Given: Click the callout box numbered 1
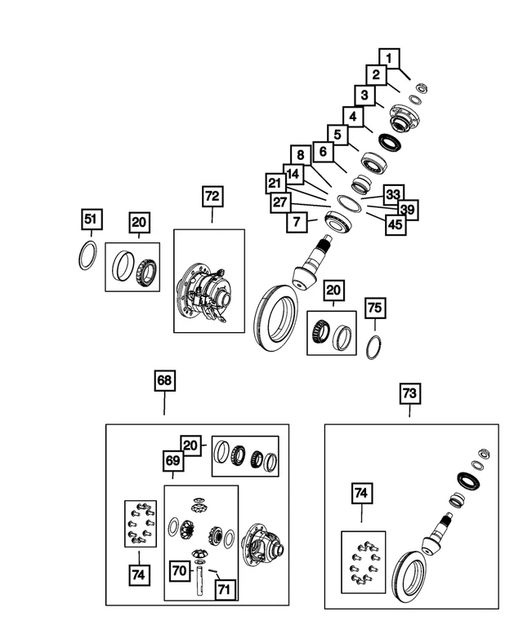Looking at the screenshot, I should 390,58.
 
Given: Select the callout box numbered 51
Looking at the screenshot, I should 91,219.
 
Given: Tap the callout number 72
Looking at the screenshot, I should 212,197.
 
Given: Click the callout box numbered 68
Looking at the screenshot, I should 164,381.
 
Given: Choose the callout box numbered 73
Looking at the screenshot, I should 409,394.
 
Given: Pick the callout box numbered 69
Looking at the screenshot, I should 172,460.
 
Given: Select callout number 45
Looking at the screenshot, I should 396,224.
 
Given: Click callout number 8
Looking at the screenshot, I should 301,155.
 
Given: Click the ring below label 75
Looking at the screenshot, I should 373,346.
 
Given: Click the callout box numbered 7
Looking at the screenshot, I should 295,221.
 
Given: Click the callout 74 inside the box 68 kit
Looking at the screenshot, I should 138,574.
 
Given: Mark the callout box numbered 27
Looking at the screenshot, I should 280,202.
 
